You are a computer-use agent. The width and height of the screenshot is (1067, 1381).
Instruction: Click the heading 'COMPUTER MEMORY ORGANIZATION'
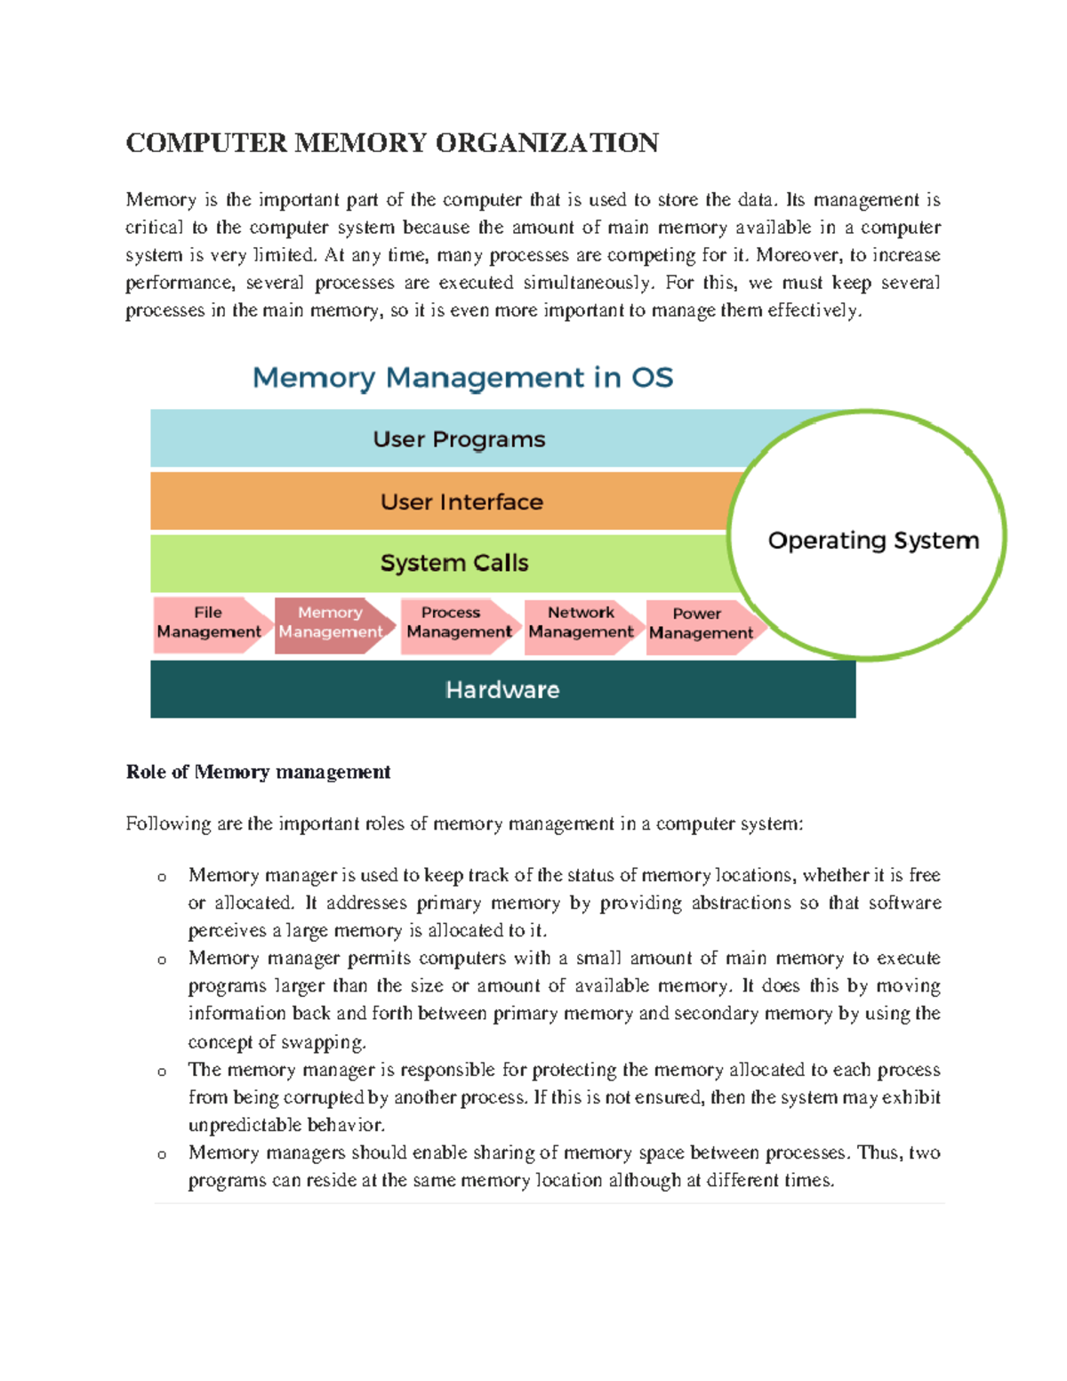coord(392,143)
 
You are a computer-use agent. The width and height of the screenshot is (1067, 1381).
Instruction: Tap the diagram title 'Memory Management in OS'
coord(462,378)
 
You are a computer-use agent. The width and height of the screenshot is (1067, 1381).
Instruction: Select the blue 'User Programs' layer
coord(459,439)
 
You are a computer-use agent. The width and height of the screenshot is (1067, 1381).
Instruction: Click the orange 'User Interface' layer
coord(461,502)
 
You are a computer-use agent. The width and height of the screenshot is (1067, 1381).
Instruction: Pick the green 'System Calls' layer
coord(453,563)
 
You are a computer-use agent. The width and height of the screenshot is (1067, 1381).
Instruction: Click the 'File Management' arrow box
coord(210,623)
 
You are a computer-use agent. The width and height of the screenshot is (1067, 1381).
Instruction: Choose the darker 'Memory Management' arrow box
coord(331,623)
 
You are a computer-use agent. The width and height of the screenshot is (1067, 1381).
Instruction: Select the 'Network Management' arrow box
coord(581,623)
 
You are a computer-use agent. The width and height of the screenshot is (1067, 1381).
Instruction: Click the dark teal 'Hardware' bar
coord(502,690)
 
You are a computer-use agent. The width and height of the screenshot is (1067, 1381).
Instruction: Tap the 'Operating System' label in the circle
coord(873,541)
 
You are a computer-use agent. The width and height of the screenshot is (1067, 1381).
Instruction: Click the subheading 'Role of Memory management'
coord(258,772)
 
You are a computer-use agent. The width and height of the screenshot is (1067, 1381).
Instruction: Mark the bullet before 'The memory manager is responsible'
coord(162,1072)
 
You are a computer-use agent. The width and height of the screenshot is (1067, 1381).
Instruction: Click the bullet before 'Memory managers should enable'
coord(162,1155)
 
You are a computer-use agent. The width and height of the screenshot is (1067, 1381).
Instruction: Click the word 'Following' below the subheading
coord(168,824)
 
